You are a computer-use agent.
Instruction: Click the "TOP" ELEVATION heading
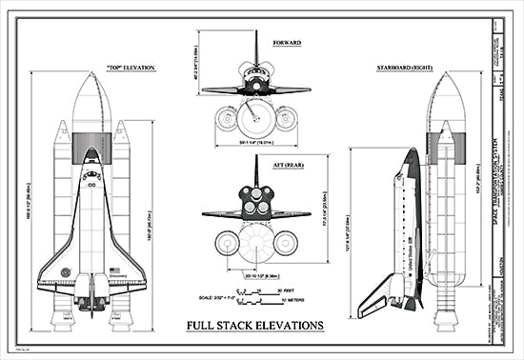pyautogui.click(x=131, y=67)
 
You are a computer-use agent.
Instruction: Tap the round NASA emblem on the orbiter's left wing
pyautogui.click(x=65, y=272)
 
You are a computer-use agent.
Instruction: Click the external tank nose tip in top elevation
pyautogui.click(x=91, y=73)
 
